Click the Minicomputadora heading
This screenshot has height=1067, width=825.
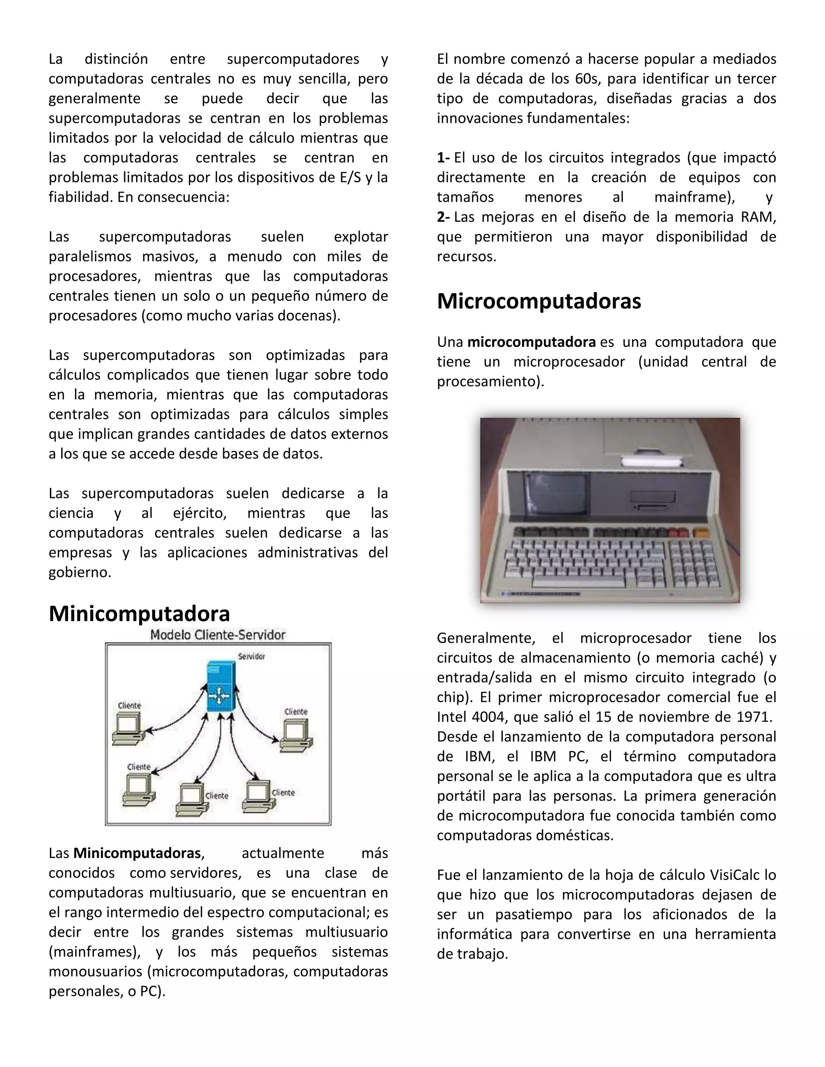point(139,614)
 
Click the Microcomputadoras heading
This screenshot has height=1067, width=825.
point(539,302)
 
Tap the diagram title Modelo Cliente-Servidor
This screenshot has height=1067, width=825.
point(218,635)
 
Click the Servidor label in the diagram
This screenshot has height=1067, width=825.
point(251,656)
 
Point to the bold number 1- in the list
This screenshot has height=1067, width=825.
point(443,158)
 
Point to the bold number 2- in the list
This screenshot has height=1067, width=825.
point(443,217)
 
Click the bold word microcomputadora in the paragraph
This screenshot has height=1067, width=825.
point(531,342)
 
